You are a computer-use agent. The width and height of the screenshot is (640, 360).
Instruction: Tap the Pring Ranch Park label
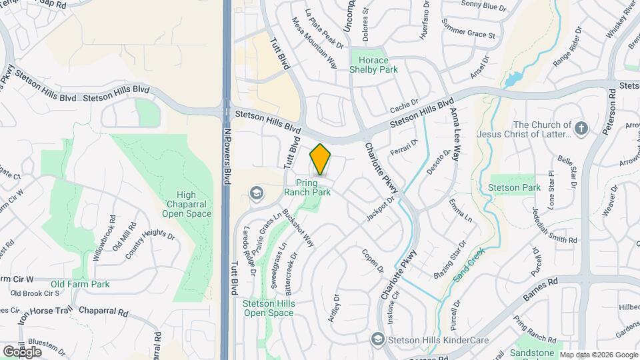click(307, 187)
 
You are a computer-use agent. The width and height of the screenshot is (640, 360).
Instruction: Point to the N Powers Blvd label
click(227, 156)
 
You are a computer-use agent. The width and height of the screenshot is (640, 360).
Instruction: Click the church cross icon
click(581, 128)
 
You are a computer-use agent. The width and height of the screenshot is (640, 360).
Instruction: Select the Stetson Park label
click(515, 187)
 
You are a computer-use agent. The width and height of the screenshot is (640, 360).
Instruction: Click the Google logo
click(22, 351)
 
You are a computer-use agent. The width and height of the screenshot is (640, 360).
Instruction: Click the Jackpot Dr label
click(381, 209)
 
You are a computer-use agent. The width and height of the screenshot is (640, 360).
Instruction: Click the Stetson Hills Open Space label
click(268, 308)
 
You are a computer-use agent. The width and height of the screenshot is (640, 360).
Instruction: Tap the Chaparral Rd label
click(103, 311)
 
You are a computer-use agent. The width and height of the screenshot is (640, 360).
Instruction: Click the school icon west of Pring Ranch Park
click(254, 193)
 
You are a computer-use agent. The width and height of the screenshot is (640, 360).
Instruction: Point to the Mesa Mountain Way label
click(314, 43)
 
